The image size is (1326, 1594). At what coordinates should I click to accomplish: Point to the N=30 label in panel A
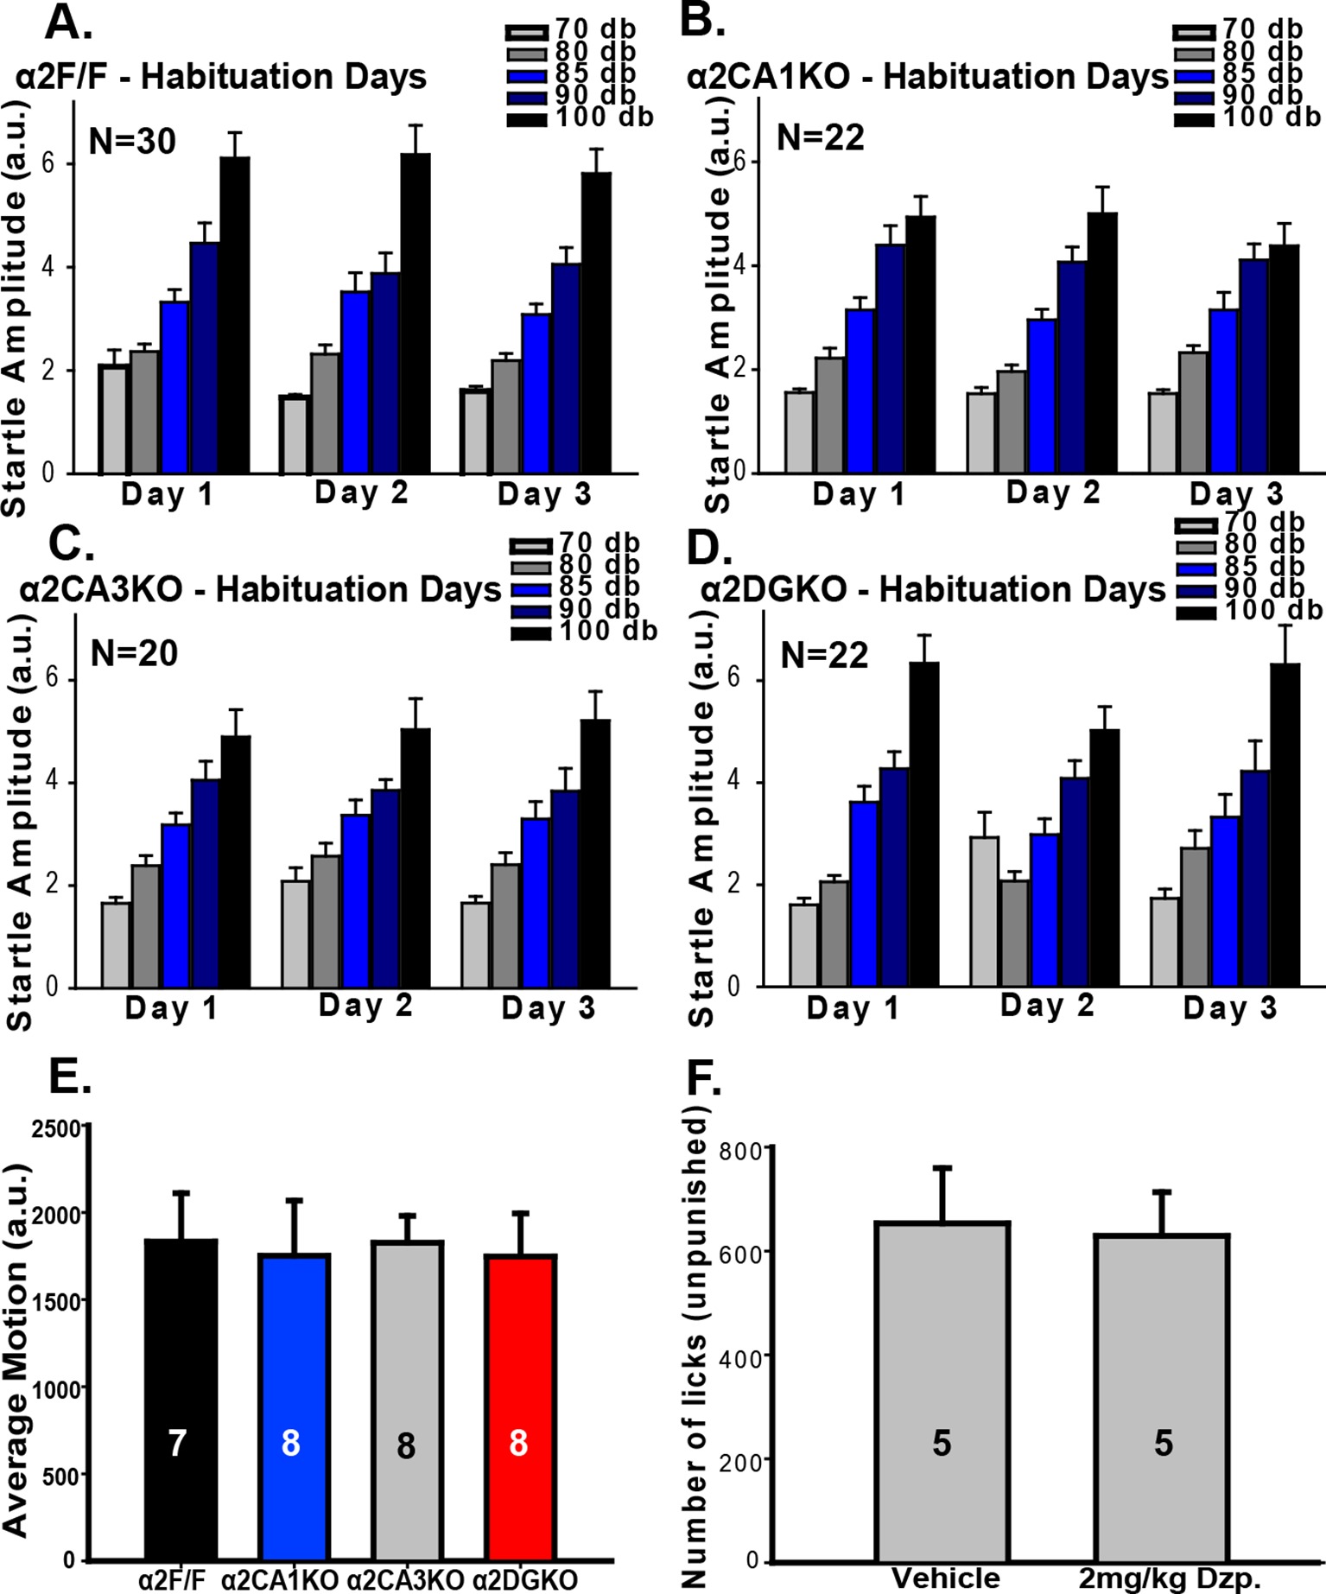pos(133,142)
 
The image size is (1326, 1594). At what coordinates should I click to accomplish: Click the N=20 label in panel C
pos(134,654)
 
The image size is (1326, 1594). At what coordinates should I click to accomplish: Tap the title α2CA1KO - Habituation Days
pos(928,78)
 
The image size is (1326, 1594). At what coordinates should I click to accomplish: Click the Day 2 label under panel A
pos(361,493)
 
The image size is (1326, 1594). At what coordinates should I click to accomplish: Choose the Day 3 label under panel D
pos(1229,1008)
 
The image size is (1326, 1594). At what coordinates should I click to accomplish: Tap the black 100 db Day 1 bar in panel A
pos(234,314)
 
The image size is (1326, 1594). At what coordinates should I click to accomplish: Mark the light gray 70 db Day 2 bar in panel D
pos(985,911)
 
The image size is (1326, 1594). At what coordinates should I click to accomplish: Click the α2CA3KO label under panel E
pos(406,1580)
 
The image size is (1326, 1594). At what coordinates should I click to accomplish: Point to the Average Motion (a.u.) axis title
pos(17,1330)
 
